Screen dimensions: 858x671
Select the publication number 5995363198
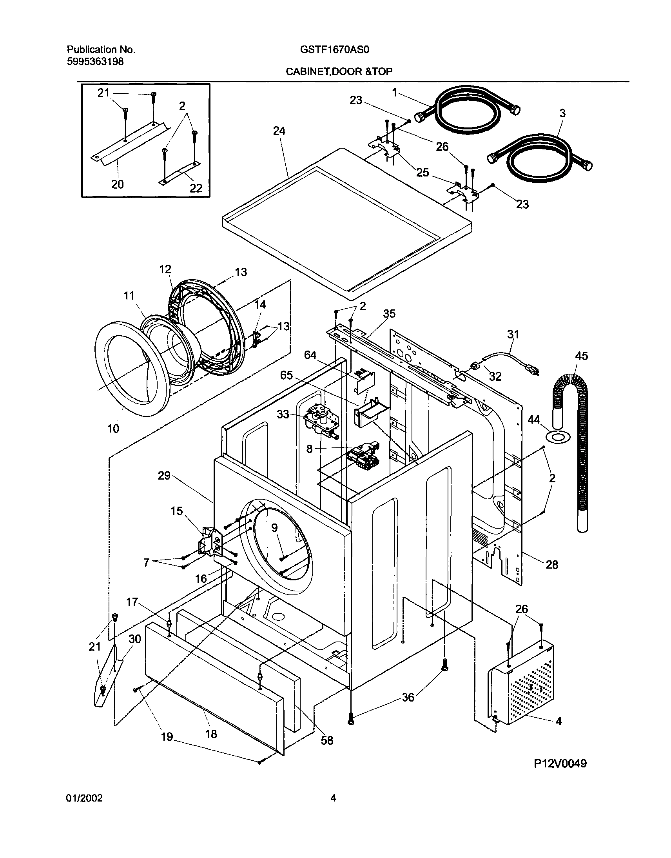(96, 62)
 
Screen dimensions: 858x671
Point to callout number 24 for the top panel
(279, 131)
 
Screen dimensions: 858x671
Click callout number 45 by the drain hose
(581, 356)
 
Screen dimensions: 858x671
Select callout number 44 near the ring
(533, 420)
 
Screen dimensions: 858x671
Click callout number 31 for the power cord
(513, 334)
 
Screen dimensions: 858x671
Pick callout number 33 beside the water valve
(283, 414)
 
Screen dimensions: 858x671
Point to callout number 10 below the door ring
(113, 428)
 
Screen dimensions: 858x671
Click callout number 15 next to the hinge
(177, 511)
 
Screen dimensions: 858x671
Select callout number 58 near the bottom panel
(327, 741)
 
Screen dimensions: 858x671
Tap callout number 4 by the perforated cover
(558, 721)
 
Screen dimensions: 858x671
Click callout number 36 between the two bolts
(408, 698)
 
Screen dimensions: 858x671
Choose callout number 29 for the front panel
(164, 476)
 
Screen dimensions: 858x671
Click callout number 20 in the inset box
(118, 184)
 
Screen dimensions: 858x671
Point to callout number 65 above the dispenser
(287, 375)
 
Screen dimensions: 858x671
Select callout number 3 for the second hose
(562, 113)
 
